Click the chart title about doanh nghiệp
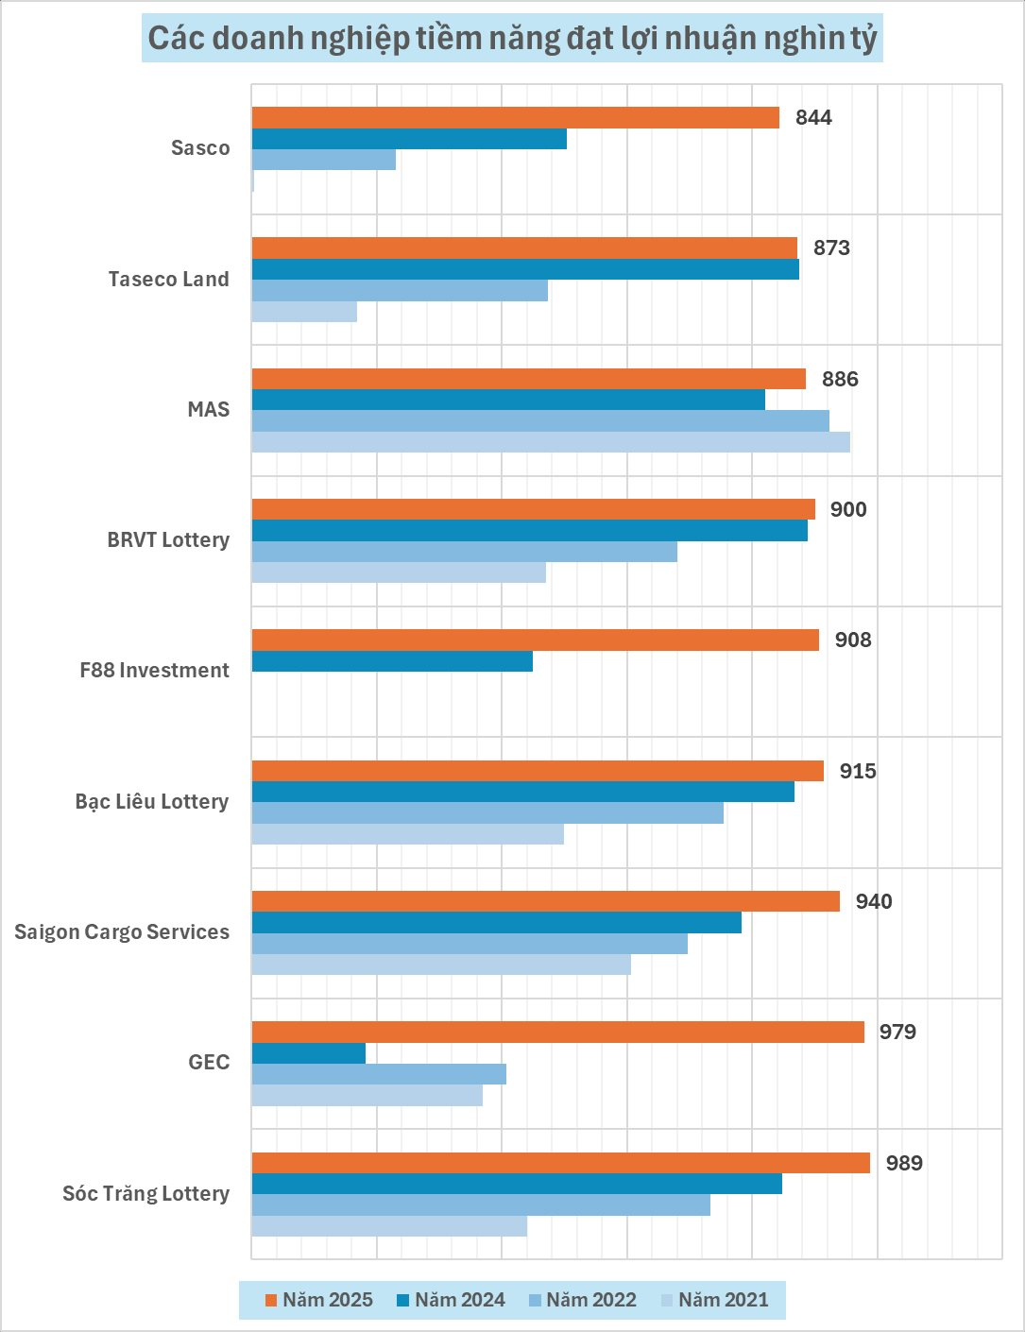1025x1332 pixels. coord(512,39)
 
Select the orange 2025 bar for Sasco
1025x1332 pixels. coord(515,117)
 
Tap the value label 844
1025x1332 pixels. coord(813,117)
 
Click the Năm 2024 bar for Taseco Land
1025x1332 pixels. coord(524,269)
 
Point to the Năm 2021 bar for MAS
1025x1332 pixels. coord(550,442)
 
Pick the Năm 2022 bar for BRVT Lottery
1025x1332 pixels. coord(464,552)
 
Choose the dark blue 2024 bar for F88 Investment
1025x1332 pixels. coord(392,661)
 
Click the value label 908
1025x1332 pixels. coord(852,640)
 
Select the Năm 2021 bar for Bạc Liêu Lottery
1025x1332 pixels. coord(407,834)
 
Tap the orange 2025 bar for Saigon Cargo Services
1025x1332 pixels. coord(545,901)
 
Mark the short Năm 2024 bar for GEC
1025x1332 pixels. coord(308,1053)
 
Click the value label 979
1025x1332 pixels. coord(897,1032)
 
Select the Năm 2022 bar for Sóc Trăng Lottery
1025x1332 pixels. coord(480,1204)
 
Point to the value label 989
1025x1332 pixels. coord(904,1163)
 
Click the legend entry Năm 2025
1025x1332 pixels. coord(318,1300)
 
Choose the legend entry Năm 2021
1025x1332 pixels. coord(714,1300)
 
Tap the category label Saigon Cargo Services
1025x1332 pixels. coord(122,932)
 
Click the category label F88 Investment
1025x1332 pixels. coord(154,671)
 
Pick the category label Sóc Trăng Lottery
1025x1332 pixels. coord(145,1194)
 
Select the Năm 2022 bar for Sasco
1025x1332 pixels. coord(323,160)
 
